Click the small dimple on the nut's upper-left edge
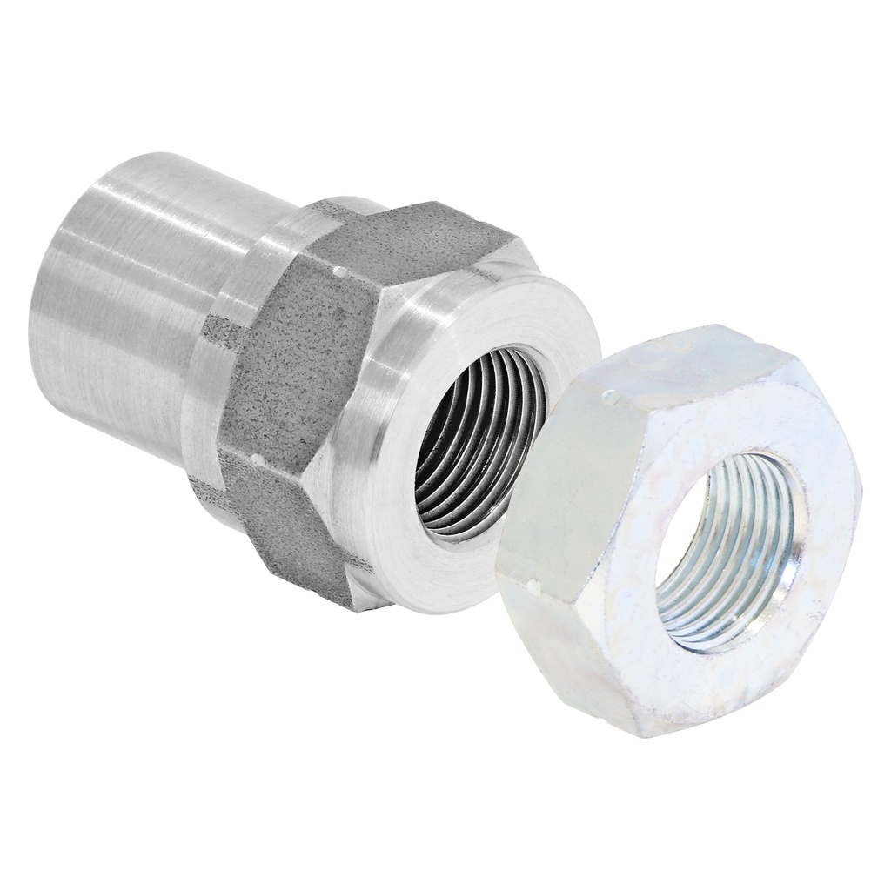tap(613, 398)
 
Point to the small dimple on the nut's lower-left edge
tap(532, 581)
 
